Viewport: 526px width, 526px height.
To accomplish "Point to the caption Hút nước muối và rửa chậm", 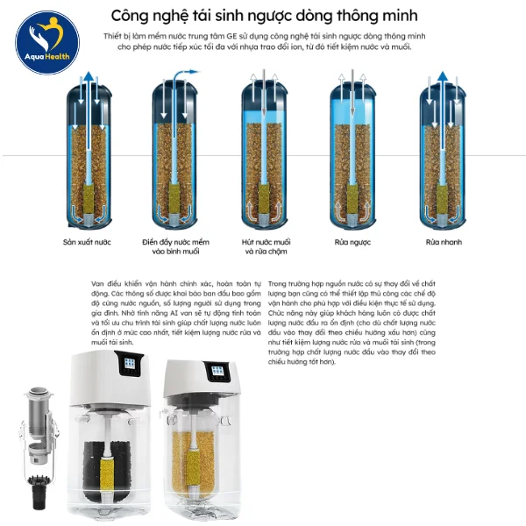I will tap(266, 245).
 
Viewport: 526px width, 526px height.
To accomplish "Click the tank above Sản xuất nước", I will tap(88, 153).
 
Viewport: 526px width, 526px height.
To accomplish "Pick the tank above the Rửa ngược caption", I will tap(352, 153).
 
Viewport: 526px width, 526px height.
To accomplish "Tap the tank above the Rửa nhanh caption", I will tap(441, 153).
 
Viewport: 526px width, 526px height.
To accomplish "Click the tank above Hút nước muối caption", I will tap(265, 153).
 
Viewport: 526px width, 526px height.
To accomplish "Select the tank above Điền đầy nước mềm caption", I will tap(177, 153).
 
